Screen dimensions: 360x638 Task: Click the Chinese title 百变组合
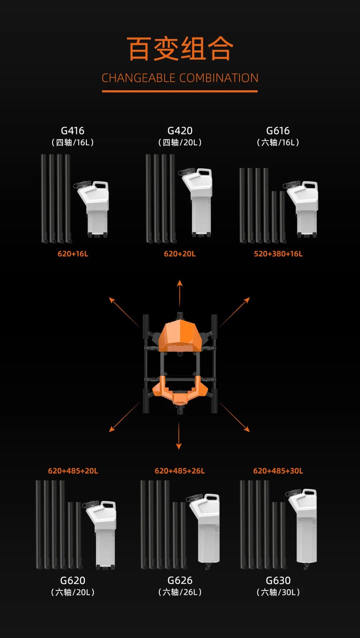(x=180, y=49)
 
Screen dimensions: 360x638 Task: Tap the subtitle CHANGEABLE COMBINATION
(x=180, y=78)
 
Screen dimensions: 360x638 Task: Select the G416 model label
(x=73, y=131)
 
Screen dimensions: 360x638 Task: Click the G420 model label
(x=180, y=131)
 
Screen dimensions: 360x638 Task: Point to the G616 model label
(x=278, y=131)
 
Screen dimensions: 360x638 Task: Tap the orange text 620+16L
(x=73, y=254)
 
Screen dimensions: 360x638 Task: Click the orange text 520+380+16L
(x=278, y=254)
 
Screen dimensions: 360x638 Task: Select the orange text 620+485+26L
(x=180, y=471)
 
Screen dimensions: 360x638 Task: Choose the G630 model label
(x=278, y=580)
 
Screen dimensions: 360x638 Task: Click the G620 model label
(x=73, y=580)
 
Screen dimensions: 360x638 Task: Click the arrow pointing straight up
(x=180, y=294)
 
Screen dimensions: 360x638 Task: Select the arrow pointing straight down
(x=179, y=435)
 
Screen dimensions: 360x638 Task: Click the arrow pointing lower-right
(x=234, y=417)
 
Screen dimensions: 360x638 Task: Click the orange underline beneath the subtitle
(x=180, y=91)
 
